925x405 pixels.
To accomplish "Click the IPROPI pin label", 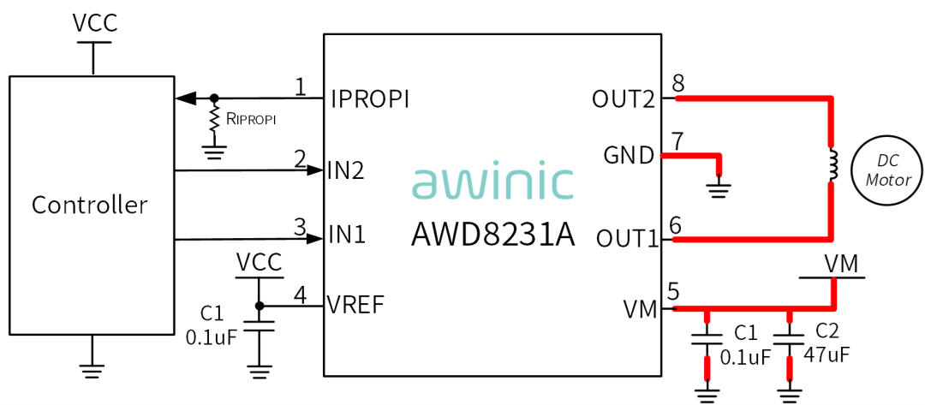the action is [x=371, y=98].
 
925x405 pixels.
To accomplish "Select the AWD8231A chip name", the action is [x=492, y=235].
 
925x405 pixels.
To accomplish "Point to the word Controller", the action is [x=89, y=205].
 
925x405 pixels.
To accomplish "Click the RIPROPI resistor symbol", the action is [x=214, y=121].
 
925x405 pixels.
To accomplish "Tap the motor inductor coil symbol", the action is [x=833, y=164].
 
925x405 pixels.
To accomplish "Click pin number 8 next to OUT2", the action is [x=677, y=83].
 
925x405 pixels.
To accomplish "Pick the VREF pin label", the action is [x=355, y=305].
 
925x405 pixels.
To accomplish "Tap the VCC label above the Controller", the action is [x=94, y=24].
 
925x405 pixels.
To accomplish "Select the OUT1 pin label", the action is [x=626, y=238].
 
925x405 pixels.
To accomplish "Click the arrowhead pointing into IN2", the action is [x=315, y=171].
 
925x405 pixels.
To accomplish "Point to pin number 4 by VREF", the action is [x=301, y=295].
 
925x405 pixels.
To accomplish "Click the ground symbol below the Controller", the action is [x=92, y=372].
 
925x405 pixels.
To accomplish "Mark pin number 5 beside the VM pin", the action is [x=674, y=291].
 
